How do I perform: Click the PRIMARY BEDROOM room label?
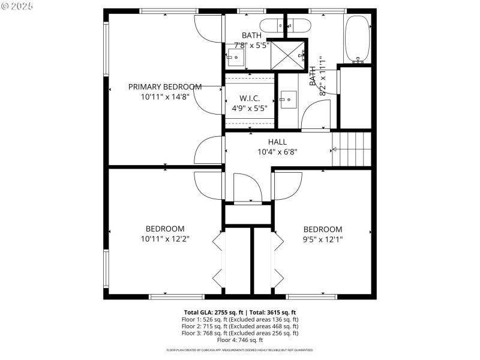pos(165,86)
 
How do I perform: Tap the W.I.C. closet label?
pos(249,98)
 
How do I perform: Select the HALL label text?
pos(278,142)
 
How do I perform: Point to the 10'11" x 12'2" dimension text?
pos(165,239)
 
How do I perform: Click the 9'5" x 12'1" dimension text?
pos(323,239)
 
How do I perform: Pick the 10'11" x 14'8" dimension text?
pos(165,97)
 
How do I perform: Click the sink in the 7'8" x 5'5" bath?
pos(235,59)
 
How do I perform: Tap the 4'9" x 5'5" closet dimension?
pos(249,109)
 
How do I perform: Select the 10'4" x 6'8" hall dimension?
pos(278,152)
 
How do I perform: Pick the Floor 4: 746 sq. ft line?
pos(239,340)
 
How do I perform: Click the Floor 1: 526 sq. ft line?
pos(239,319)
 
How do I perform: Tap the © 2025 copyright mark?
pos(18,5)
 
